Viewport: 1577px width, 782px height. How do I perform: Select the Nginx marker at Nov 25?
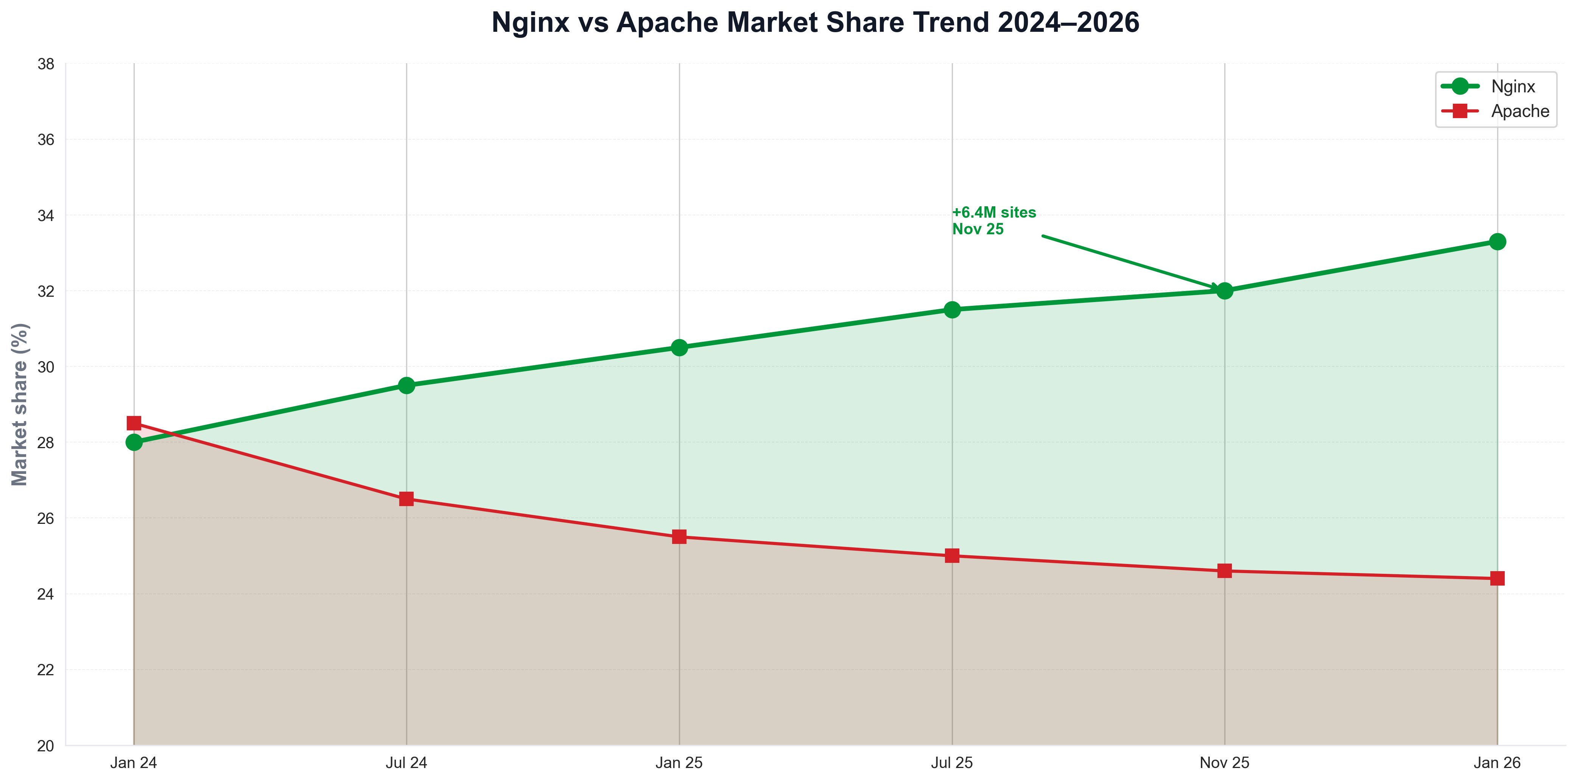[1224, 290]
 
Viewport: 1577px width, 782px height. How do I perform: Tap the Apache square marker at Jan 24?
[134, 423]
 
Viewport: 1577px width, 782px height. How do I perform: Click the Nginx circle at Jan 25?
[679, 347]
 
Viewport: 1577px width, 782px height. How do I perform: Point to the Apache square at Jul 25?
[952, 555]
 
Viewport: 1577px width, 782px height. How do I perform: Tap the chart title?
[816, 23]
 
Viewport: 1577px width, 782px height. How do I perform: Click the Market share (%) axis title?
[20, 404]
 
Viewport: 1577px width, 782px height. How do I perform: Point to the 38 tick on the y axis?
[46, 64]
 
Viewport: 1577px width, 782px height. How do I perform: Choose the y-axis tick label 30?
[46, 367]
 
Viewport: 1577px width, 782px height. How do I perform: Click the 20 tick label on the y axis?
[46, 745]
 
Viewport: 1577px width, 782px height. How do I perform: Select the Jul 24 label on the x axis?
[406, 762]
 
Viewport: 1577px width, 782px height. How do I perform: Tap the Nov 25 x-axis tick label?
[1224, 762]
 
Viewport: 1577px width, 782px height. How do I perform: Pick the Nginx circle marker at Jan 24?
[134, 442]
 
